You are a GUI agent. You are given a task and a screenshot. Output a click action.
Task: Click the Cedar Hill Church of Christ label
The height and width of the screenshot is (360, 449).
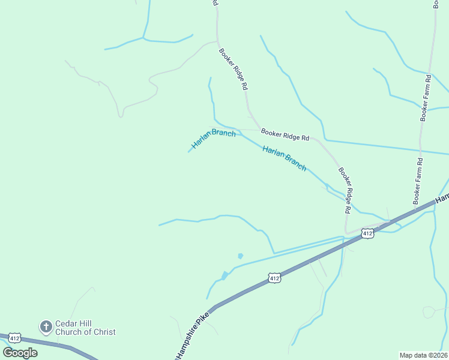click(x=85, y=328)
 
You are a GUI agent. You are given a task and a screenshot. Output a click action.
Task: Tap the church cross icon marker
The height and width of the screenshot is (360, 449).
click(x=46, y=327)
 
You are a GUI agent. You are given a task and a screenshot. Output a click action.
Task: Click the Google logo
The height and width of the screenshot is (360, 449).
click(x=20, y=352)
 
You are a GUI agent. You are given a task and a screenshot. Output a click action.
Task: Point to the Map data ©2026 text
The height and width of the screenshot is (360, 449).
click(x=423, y=355)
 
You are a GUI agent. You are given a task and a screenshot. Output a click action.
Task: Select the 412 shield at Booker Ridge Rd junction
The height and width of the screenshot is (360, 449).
click(x=368, y=232)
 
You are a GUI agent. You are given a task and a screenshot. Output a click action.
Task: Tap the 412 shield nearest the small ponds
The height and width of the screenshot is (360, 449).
click(x=274, y=278)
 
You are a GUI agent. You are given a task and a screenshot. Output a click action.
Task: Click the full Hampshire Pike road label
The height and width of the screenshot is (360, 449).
click(x=192, y=336)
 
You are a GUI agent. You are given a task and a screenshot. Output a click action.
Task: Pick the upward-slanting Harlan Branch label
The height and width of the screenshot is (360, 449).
click(x=213, y=139)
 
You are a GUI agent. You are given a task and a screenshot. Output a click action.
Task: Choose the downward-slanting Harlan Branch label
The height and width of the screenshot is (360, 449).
click(x=285, y=158)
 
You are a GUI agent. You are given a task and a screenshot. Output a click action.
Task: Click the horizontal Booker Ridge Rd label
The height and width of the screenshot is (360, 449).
click(x=285, y=134)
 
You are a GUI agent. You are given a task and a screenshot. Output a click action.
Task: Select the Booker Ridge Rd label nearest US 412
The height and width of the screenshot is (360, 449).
click(x=343, y=190)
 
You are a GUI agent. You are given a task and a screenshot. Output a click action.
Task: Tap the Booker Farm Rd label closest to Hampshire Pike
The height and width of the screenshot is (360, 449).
click(x=418, y=180)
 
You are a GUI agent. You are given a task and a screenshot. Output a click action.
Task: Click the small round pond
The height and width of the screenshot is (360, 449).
click(x=240, y=256)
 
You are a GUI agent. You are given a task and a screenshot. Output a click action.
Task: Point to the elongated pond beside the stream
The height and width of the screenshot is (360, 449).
click(x=224, y=275)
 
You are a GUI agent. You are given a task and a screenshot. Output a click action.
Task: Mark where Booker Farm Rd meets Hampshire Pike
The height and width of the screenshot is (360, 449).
click(x=415, y=210)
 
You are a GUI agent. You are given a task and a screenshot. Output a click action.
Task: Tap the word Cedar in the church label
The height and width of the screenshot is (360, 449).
click(x=65, y=323)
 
